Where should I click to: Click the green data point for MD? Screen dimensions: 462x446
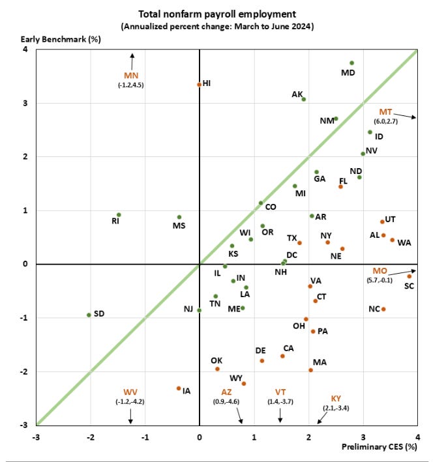[x=351, y=63]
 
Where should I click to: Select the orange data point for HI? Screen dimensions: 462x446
[x=199, y=85]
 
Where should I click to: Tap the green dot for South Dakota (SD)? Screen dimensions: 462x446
[x=89, y=315]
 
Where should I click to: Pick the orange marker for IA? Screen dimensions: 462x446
[x=179, y=388]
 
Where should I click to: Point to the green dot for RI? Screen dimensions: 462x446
[x=119, y=214]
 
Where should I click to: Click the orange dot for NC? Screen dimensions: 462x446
[x=383, y=309]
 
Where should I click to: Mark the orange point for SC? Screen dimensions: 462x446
[x=409, y=276]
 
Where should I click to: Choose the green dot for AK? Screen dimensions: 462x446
[x=304, y=99]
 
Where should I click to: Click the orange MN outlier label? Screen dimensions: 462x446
[x=132, y=75]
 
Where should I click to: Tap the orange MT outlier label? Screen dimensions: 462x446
[x=387, y=111]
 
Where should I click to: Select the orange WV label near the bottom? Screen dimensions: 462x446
[x=130, y=392]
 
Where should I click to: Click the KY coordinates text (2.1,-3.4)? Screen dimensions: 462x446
[x=336, y=407]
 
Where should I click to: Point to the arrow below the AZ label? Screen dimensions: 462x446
[x=240, y=416]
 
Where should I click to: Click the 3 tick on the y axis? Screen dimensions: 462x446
[x=25, y=103]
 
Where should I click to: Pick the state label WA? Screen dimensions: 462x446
[x=404, y=243]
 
